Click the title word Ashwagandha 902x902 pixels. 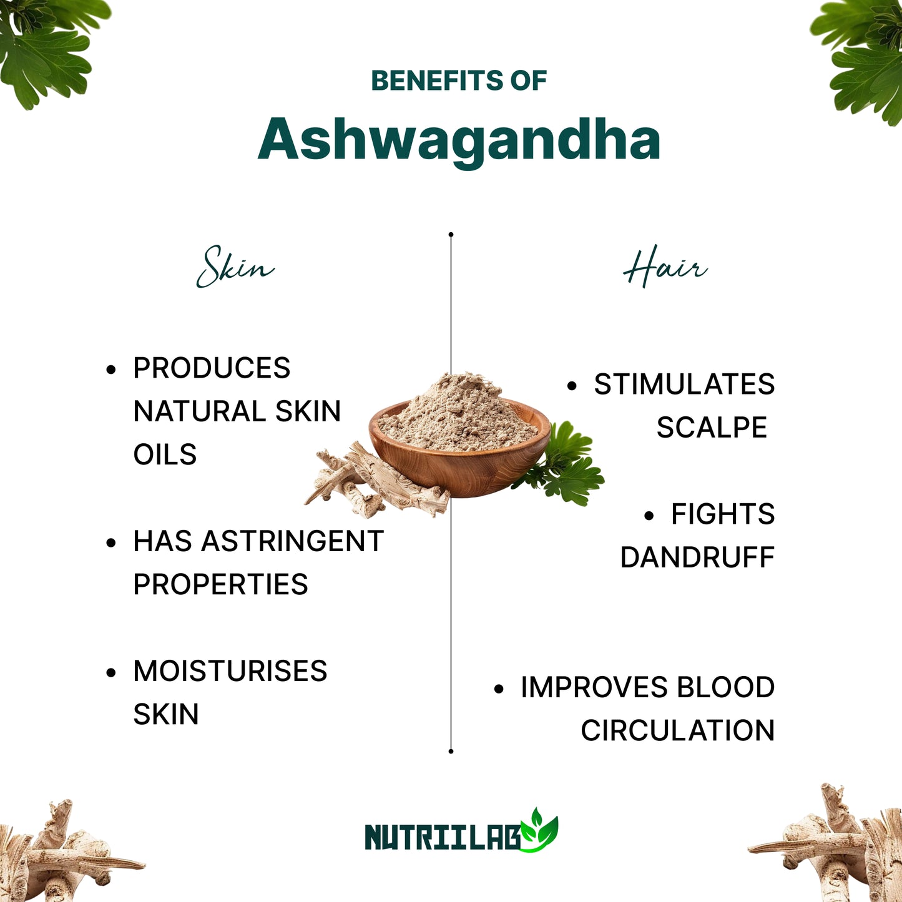[x=459, y=140]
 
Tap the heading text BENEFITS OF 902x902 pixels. [x=459, y=81]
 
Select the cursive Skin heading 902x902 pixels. [x=235, y=267]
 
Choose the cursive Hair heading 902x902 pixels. [x=665, y=267]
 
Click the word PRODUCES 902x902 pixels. [x=212, y=368]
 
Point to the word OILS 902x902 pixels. [x=165, y=454]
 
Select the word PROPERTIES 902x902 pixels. [x=220, y=584]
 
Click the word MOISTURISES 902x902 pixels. [x=230, y=671]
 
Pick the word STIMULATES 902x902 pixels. [x=684, y=384]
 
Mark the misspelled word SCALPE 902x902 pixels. [x=712, y=428]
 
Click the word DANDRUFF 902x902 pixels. [x=697, y=557]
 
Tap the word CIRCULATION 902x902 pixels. [x=677, y=730]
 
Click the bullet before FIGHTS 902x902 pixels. [x=649, y=516]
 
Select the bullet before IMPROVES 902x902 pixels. [x=499, y=689]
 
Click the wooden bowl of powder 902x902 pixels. [x=459, y=446]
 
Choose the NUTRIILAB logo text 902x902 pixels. [x=443, y=837]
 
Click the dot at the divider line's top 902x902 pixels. [x=451, y=235]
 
